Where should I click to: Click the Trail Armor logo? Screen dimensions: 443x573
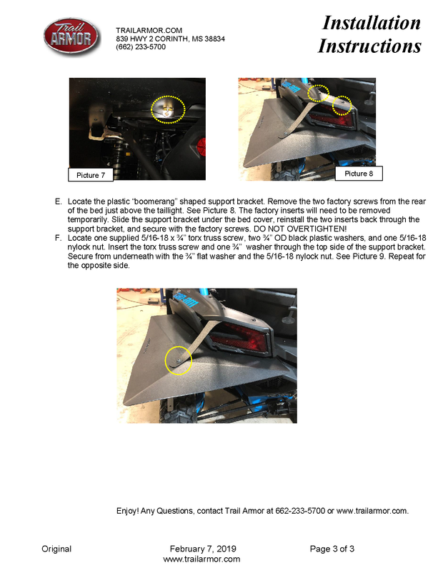coord(71,36)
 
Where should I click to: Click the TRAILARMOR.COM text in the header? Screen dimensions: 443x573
coord(149,30)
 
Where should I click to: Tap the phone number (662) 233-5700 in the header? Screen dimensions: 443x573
coord(141,46)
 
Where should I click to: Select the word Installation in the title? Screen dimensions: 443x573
coord(372,23)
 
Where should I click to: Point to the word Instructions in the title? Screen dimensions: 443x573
coord(369,46)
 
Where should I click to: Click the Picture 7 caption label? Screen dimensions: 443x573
coord(91,175)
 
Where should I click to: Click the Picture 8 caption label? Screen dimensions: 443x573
coord(359,173)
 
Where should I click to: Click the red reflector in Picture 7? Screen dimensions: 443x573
coord(201,146)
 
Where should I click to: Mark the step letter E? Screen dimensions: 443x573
coord(58,201)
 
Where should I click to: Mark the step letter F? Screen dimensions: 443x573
coord(58,238)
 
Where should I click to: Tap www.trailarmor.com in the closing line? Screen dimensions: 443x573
coord(372,511)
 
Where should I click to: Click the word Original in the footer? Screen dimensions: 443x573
coord(56,549)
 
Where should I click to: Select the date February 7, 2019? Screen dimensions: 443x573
coord(203,549)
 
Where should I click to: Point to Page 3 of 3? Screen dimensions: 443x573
coord(332,549)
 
